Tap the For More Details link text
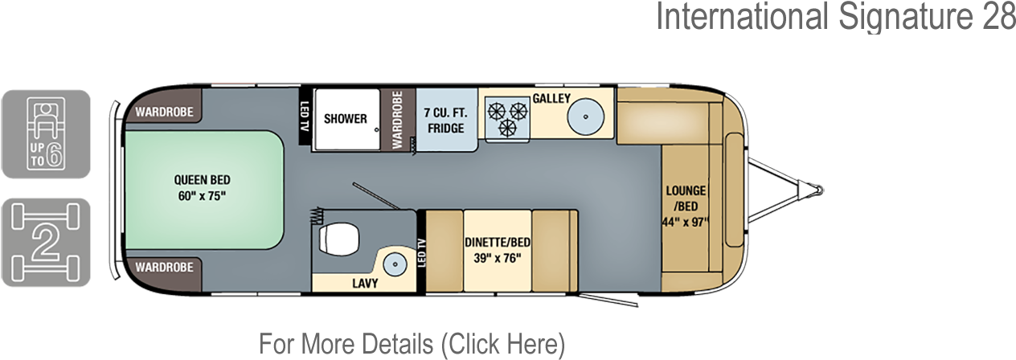pos(412,344)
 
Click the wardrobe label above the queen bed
pos(163,112)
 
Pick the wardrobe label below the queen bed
pos(163,266)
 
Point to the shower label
pos(345,119)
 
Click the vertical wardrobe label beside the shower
pos(396,119)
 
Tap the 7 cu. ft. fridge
pos(446,121)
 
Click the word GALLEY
pos(551,99)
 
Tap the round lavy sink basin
pos(393,263)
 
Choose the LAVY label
pos(365,284)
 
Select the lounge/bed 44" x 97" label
pos(686,206)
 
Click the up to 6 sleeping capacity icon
pos(45,133)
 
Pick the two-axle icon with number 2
pos(45,243)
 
